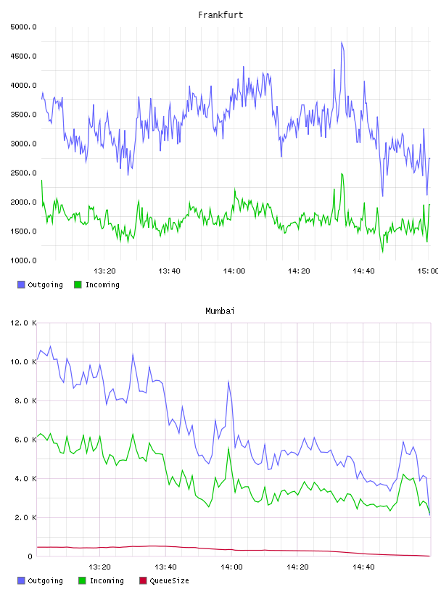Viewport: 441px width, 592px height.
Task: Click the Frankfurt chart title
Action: pyautogui.click(x=220, y=15)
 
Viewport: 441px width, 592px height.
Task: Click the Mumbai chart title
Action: pyautogui.click(x=220, y=311)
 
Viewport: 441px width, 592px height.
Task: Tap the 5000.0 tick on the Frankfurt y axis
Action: pyautogui.click(x=23, y=27)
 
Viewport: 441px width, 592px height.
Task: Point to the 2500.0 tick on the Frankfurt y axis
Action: pyautogui.click(x=23, y=173)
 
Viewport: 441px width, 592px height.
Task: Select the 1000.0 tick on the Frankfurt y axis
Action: pyautogui.click(x=23, y=260)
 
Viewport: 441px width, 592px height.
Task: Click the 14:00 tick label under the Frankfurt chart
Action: pyautogui.click(x=234, y=271)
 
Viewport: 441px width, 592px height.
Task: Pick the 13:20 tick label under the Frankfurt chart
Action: pyautogui.click(x=104, y=271)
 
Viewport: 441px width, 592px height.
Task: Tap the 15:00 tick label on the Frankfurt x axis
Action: pyautogui.click(x=428, y=271)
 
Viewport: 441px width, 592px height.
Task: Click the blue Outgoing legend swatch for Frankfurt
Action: pyautogui.click(x=21, y=284)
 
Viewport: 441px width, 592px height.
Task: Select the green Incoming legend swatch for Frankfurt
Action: pyautogui.click(x=78, y=284)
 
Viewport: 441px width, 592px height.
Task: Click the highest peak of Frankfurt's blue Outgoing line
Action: pyautogui.click(x=342, y=42)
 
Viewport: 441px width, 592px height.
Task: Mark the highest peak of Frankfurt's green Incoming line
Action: pyautogui.click(x=342, y=174)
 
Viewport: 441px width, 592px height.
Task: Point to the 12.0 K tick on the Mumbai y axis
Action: pyautogui.click(x=23, y=323)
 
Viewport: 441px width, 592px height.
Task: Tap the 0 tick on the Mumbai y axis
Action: pyautogui.click(x=30, y=556)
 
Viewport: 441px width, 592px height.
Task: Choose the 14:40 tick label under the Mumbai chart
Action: pyautogui.click(x=363, y=567)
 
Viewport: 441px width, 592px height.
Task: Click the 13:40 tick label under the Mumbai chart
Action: pyautogui.click(x=166, y=567)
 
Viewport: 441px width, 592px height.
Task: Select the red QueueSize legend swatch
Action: pyautogui.click(x=143, y=580)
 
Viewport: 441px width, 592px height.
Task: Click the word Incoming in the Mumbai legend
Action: pyautogui.click(x=107, y=581)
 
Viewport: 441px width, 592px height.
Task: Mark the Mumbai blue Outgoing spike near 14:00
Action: pyautogui.click(x=228, y=382)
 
